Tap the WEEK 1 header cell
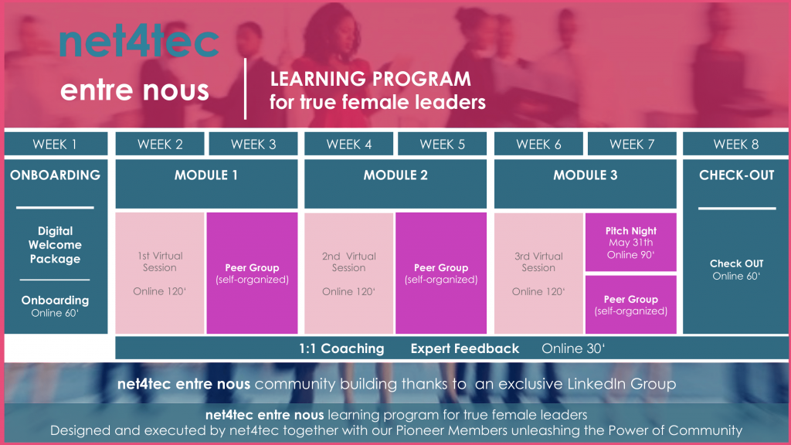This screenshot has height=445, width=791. point(56,144)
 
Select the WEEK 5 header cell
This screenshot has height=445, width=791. point(442,144)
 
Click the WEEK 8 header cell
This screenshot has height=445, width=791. point(735,144)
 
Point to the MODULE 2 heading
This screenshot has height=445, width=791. point(395,175)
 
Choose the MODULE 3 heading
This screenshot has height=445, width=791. point(586,175)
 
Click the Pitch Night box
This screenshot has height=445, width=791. point(630,242)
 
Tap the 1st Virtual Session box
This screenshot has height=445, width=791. point(160,273)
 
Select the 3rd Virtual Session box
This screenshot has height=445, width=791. point(538,273)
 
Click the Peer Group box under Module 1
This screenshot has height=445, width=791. point(252,273)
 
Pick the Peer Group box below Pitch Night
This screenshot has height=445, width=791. point(630,304)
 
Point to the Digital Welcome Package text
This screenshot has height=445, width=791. point(55,245)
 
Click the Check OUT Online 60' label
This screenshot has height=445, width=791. point(736,270)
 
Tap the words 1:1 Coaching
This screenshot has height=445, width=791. point(341,348)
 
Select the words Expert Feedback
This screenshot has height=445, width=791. point(464,348)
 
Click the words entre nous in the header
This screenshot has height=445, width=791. point(134,90)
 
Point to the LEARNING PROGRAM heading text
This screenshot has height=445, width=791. point(370,80)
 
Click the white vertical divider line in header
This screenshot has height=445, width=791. point(245,89)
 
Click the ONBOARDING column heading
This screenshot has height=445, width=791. point(56,175)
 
